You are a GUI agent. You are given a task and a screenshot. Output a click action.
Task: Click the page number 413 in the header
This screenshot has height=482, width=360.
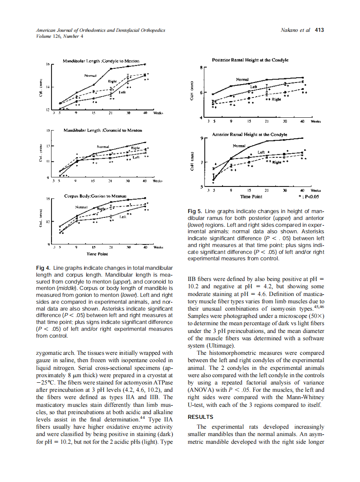coord(319,30)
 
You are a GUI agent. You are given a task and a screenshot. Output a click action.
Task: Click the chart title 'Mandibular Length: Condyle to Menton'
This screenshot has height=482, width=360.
coord(101,61)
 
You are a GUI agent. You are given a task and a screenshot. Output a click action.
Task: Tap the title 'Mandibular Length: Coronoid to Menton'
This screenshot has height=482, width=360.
coord(103,129)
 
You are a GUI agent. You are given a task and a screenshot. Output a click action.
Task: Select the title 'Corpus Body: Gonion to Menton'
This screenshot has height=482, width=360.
coord(95,196)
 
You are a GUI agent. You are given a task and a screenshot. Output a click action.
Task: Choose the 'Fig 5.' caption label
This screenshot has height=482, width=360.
coord(195,211)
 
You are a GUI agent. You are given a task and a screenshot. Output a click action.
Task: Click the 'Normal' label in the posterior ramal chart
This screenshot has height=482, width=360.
coord(242,79)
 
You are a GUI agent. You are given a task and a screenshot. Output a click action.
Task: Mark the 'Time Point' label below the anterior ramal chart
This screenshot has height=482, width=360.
coord(252,197)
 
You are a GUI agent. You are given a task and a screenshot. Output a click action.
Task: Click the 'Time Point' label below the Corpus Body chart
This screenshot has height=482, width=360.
coord(97,254)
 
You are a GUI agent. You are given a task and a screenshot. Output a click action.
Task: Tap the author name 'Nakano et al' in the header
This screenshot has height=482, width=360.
coord(295,30)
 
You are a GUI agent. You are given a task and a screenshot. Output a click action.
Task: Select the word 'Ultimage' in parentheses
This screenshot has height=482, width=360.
coord(221,345)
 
